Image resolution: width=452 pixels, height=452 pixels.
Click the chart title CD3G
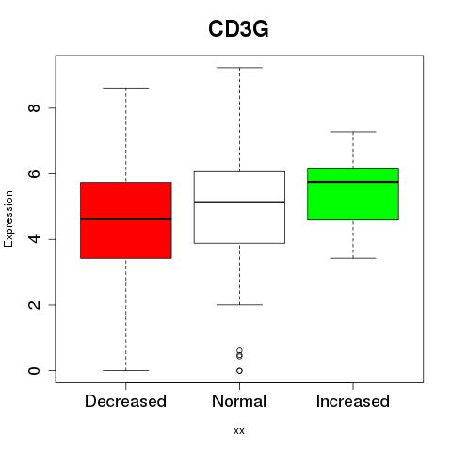(x=238, y=29)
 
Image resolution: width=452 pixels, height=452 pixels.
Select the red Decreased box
(x=126, y=220)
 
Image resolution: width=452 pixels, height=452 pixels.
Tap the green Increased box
(x=353, y=194)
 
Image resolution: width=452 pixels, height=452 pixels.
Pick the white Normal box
(x=239, y=207)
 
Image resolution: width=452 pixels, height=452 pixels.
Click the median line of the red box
(x=126, y=219)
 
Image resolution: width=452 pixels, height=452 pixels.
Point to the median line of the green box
(x=353, y=182)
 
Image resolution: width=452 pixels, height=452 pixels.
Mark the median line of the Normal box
(x=239, y=202)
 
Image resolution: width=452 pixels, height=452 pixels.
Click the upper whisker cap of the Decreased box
(x=126, y=88)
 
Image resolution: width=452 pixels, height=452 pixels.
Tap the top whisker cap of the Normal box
(x=239, y=68)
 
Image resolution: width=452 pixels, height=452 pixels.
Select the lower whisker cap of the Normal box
(x=239, y=305)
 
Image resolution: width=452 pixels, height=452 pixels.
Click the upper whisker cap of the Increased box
(x=353, y=132)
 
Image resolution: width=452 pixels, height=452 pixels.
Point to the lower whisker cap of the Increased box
(x=353, y=258)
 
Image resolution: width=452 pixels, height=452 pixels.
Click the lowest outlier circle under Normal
(x=239, y=371)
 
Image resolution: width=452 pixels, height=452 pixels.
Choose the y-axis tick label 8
(x=34, y=108)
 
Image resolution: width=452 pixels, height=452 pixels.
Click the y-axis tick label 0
(x=34, y=371)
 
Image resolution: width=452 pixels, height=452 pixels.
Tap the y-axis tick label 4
(x=34, y=239)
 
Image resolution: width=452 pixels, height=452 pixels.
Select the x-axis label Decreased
(x=125, y=401)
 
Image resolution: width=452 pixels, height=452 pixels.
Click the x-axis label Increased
(x=353, y=401)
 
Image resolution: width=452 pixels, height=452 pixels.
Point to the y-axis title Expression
(x=8, y=218)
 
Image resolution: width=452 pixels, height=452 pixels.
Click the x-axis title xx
(x=239, y=431)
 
